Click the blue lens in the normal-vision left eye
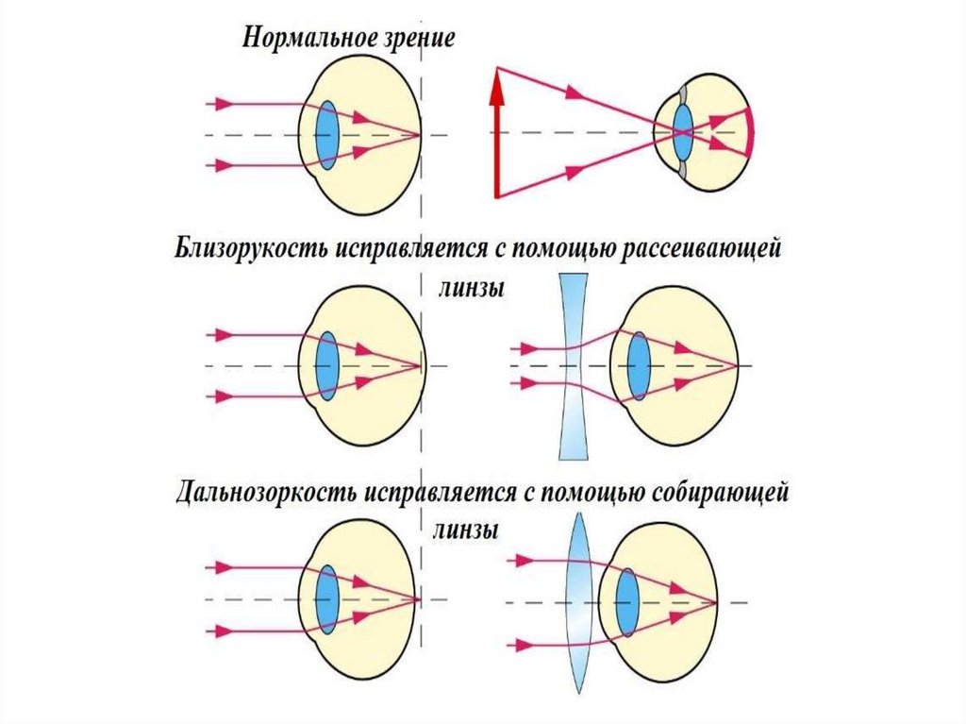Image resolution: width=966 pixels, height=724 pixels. [327, 136]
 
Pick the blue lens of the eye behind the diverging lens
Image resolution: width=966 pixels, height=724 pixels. [640, 364]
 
